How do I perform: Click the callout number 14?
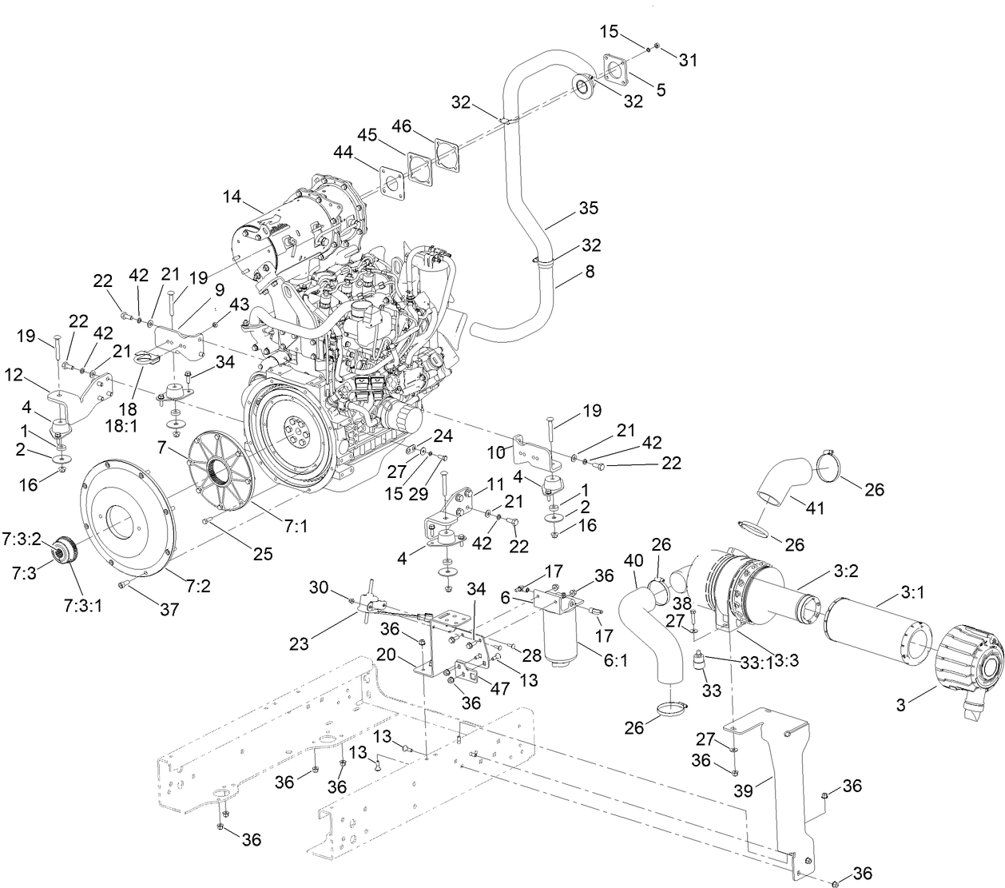(232, 195)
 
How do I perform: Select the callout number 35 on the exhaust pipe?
(588, 208)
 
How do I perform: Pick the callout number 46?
(402, 126)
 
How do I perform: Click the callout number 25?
(263, 552)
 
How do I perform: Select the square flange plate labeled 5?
(616, 68)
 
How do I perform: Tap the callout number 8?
(590, 272)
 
